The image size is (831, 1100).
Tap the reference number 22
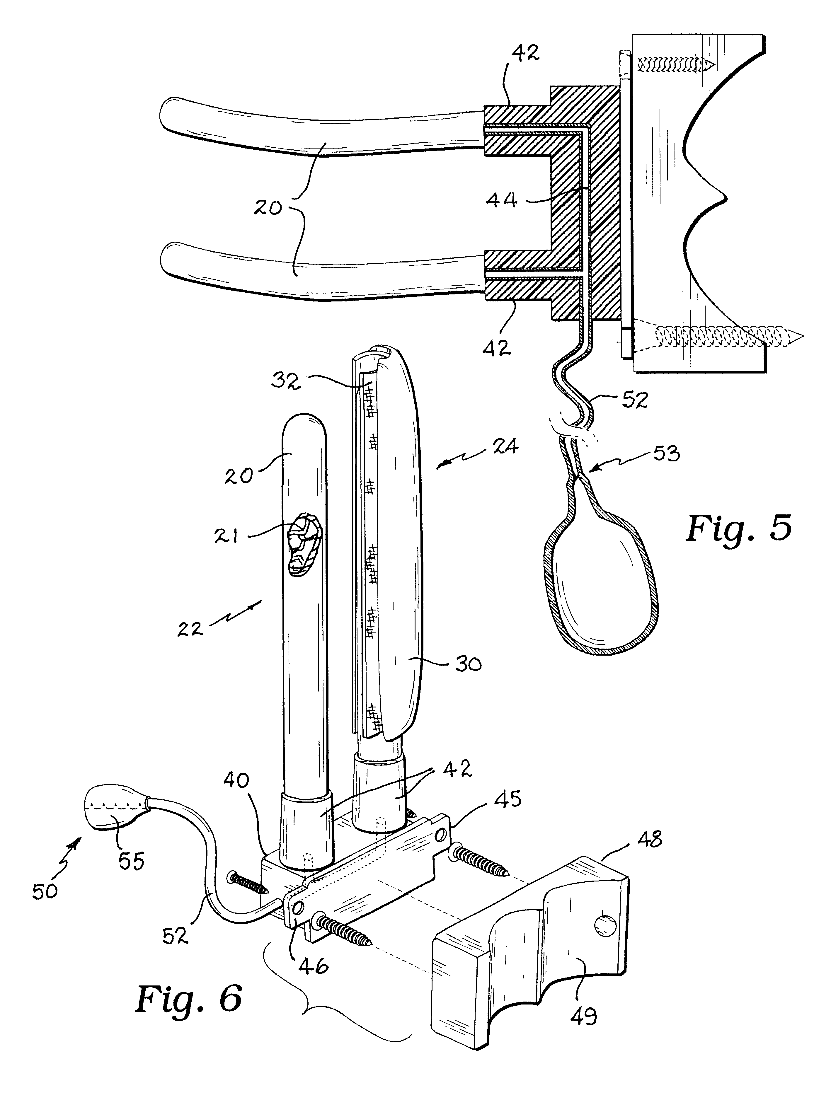(190, 629)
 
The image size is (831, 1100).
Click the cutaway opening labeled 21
(304, 545)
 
